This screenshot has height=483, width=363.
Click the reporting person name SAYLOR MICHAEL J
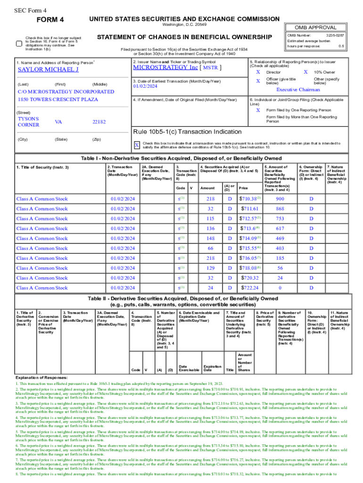pos(48,70)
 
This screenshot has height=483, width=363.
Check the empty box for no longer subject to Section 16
pos(19,43)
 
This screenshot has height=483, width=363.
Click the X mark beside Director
pos(258,72)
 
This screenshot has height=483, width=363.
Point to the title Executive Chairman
pos(297,90)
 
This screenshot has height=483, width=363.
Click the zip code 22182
pos(99,122)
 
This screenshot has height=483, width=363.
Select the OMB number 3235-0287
pos(334,35)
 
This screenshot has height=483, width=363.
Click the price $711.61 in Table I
pos(250,208)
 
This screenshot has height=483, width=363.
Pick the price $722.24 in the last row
pos(250,288)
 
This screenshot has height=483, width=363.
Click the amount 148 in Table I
pos(210,238)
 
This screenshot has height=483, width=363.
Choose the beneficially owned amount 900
pos(280,199)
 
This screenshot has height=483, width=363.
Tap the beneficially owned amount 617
pos(280,228)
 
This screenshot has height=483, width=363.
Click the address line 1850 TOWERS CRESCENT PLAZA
pos(58,100)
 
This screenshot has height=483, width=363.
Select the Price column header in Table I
pos(243,188)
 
